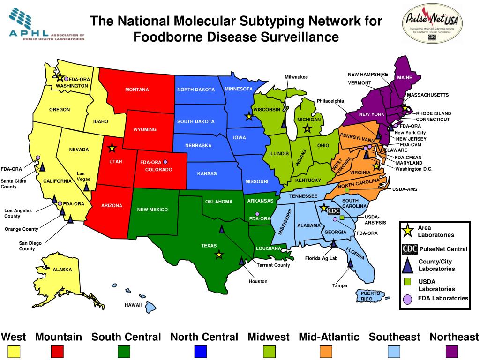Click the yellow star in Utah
pos(112,149)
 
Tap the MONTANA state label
pos(137,90)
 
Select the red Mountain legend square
pos(57,352)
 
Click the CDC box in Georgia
pos(334,211)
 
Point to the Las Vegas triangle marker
pos(86,187)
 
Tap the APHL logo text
pos(28,34)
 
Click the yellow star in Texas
pos(219,255)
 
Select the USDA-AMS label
pos(405,189)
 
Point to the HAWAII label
pos(133,305)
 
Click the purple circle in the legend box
pos(408,299)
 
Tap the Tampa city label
pos(339,285)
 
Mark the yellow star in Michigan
pos(307,128)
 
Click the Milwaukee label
pos(296,77)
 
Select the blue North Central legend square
pos(201,352)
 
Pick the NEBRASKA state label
pos(198,145)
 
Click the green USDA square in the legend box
pos(408,281)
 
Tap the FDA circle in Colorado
pos(165,162)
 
